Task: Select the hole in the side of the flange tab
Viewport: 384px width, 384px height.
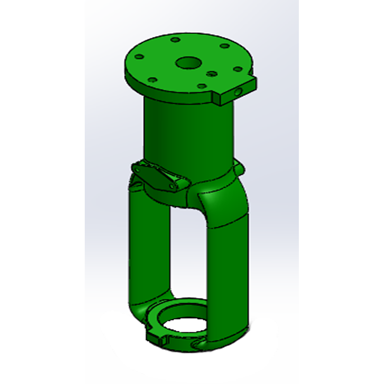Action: coord(237,91)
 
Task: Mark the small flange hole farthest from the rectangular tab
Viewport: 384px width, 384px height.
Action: coord(139,57)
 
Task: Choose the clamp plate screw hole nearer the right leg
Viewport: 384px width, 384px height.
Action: coord(172,186)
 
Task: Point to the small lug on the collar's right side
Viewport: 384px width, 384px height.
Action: coord(239,168)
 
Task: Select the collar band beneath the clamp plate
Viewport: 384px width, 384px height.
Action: coord(165,197)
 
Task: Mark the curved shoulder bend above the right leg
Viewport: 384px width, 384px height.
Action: coord(225,202)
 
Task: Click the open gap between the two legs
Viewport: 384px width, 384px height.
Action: coord(187,255)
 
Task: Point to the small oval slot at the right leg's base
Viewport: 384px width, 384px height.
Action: coord(198,344)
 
